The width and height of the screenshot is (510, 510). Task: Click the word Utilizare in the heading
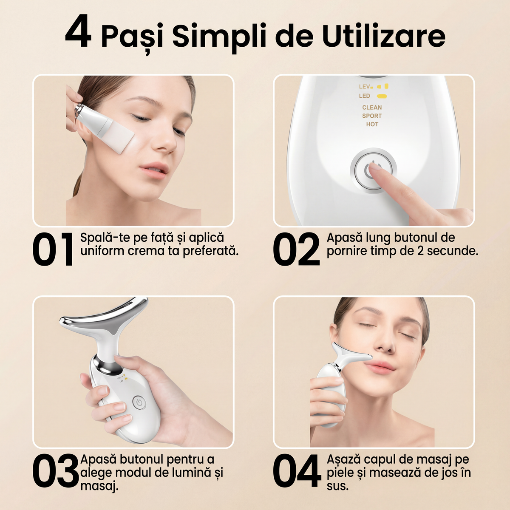coord(383,36)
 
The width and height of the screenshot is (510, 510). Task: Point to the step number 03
coord(56,471)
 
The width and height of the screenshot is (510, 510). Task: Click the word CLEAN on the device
coord(372,108)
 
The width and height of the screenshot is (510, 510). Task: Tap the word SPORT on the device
coord(372,116)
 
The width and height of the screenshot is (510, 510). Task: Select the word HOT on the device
coord(372,124)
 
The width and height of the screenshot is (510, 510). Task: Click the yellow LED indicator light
coord(382,96)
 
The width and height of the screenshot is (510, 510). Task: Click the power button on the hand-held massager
coord(139,402)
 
